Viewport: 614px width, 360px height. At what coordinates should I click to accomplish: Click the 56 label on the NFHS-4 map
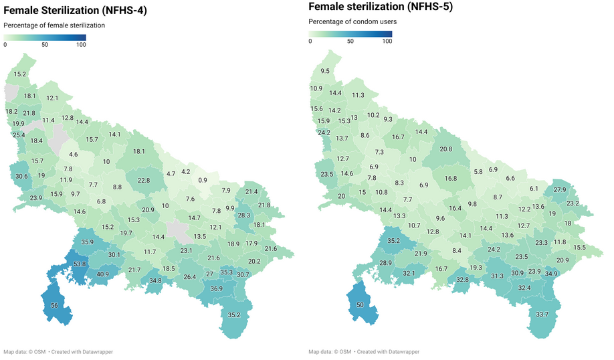(x=54, y=305)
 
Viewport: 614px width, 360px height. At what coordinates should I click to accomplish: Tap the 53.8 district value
(x=80, y=264)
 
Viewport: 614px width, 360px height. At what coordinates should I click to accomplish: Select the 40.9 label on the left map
(x=102, y=274)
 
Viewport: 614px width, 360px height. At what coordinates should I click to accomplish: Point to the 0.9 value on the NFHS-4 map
(x=203, y=181)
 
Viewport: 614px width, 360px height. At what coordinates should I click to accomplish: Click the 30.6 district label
(x=22, y=176)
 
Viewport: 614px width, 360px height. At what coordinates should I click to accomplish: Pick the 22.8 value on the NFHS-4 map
(x=144, y=180)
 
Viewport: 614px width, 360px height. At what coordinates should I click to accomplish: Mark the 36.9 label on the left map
(x=216, y=288)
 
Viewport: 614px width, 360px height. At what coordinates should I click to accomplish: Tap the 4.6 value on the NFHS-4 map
(x=74, y=155)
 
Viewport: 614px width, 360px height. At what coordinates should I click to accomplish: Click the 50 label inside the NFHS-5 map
(x=360, y=304)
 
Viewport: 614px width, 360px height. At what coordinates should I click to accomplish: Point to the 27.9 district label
(x=559, y=190)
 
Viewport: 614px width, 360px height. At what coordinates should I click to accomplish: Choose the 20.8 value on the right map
(x=445, y=149)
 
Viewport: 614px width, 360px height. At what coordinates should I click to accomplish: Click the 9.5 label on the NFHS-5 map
(x=325, y=71)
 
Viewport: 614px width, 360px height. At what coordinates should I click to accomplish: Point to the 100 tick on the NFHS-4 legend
(x=81, y=45)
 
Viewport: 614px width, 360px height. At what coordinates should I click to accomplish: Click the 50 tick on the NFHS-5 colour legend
(x=350, y=41)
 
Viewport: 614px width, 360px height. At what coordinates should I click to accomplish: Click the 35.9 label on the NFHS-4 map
(x=87, y=242)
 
